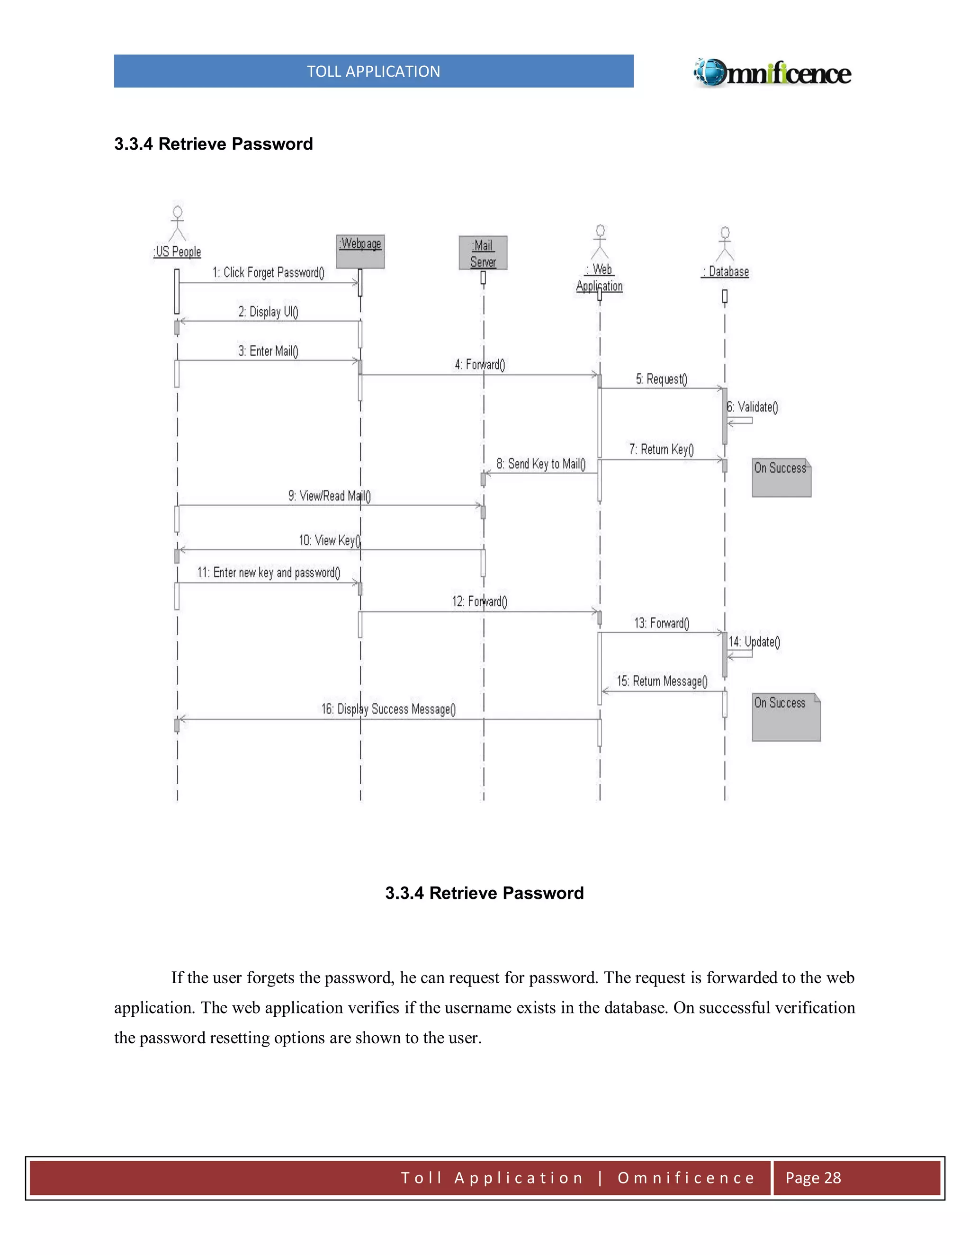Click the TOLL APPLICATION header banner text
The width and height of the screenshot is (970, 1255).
374,71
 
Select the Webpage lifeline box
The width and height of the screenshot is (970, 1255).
360,251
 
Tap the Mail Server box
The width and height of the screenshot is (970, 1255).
483,253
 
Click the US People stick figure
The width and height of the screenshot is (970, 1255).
178,224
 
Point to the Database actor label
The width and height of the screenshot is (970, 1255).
725,271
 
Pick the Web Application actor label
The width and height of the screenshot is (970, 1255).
599,278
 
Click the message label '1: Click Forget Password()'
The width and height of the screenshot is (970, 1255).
269,272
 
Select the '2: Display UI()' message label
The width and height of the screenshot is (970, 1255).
269,312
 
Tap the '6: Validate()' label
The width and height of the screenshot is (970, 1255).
752,407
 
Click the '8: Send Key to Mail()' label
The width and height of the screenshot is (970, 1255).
541,464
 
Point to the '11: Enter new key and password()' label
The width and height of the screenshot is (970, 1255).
269,573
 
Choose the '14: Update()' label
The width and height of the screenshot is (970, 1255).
754,641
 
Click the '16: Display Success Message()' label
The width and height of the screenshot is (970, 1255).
388,708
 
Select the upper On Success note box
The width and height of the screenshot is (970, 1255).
781,477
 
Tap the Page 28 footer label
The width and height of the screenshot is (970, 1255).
813,1177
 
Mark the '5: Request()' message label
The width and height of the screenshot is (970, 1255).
661,379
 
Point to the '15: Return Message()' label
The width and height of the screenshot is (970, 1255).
662,681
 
